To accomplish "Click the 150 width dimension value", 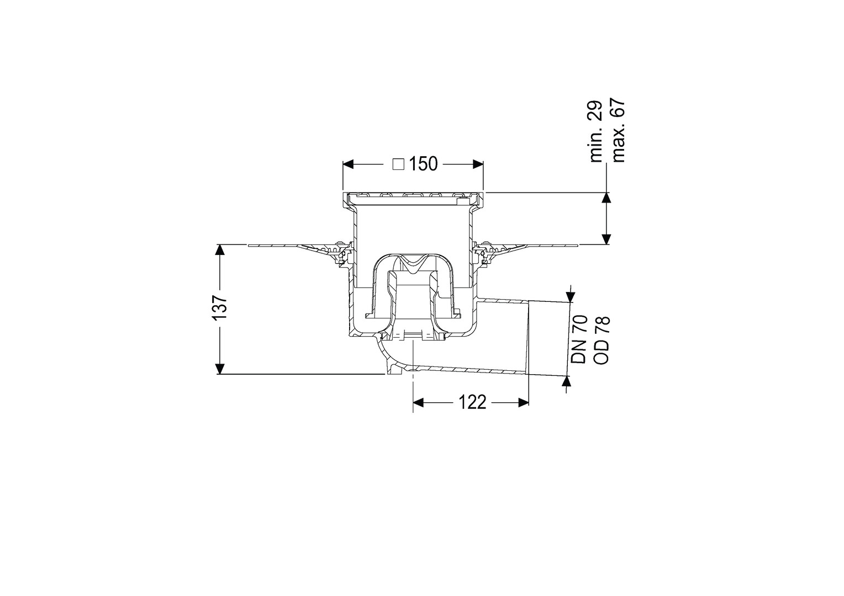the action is [423, 164].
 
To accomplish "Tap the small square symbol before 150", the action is [398, 164].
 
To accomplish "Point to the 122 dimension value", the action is [472, 402].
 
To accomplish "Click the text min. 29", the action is [596, 131].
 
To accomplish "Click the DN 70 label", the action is [578, 339].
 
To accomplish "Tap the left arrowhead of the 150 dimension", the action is [347, 164].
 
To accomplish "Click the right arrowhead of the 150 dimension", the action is [478, 164].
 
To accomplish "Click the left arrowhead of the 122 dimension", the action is [419, 402].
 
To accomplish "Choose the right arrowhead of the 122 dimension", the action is [524, 402].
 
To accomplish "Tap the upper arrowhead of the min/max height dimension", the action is [606, 198].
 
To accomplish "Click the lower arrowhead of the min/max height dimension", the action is [606, 240].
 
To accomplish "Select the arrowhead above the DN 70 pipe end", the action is [571, 296].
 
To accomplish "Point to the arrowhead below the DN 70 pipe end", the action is [566, 381].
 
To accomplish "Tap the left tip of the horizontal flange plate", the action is [249, 246].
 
